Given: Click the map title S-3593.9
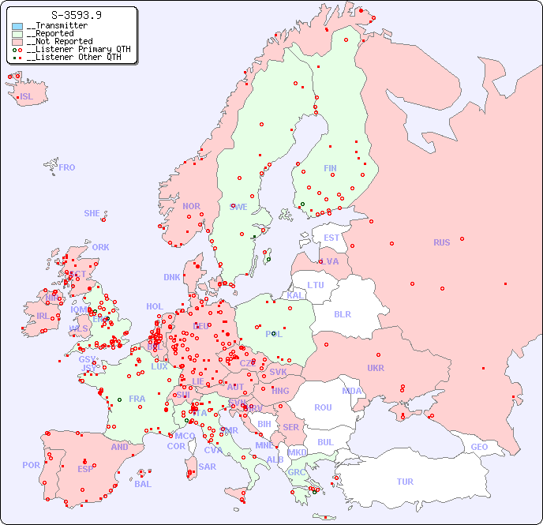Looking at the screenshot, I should (76, 15).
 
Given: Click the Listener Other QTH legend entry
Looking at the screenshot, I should (72, 57).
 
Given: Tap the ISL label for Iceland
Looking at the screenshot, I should (27, 97).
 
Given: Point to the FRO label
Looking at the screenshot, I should (67, 167).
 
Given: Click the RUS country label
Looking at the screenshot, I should (441, 242).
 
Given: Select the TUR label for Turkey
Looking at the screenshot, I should (405, 482).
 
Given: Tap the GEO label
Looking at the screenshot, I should (479, 447).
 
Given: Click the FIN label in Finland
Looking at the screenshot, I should (330, 168).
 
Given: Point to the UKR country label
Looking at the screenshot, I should (376, 368).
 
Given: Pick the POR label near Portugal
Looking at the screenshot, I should (31, 465).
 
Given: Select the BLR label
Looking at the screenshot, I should (342, 313).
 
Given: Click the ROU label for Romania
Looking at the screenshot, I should (323, 407).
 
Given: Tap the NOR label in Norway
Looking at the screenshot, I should (191, 206).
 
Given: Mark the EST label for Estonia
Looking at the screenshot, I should (331, 238).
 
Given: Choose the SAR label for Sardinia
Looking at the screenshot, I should (208, 467).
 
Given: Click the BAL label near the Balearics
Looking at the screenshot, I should (143, 484).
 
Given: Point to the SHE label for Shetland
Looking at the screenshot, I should (92, 213).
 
